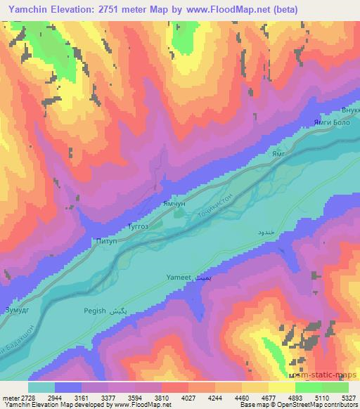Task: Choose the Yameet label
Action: (179, 277)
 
